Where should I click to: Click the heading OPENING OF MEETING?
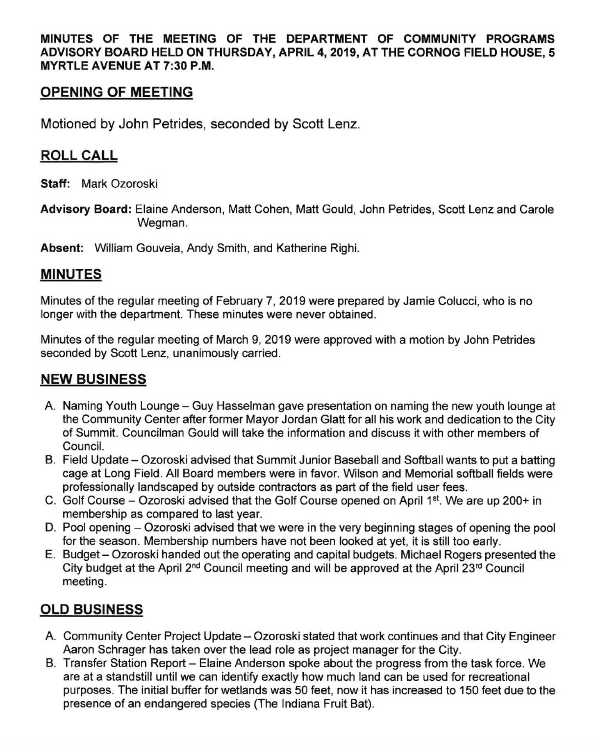click(x=116, y=92)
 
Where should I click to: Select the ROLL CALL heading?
click(x=79, y=156)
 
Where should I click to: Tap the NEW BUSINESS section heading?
click(x=93, y=380)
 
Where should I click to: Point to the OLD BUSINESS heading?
click(x=91, y=610)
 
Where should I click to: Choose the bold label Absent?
click(x=62, y=248)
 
